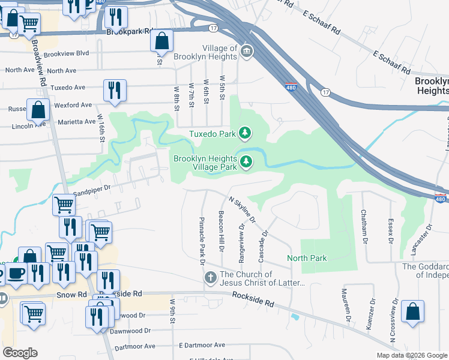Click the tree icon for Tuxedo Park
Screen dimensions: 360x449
[245, 133]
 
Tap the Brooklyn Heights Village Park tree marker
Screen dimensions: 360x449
[246, 161]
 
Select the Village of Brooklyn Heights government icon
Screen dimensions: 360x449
[247, 53]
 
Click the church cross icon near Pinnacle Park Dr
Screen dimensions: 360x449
[210, 278]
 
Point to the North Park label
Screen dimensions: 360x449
[307, 258]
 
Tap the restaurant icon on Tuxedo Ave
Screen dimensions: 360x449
[115, 90]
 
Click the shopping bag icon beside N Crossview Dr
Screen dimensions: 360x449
[412, 311]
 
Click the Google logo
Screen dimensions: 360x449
[20, 353]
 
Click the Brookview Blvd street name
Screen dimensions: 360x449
[67, 53]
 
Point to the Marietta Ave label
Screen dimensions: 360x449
[77, 122]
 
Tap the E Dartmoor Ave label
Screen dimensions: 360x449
[202, 346]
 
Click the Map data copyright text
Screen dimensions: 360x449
[412, 355]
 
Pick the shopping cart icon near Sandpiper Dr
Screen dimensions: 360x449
[64, 205]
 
